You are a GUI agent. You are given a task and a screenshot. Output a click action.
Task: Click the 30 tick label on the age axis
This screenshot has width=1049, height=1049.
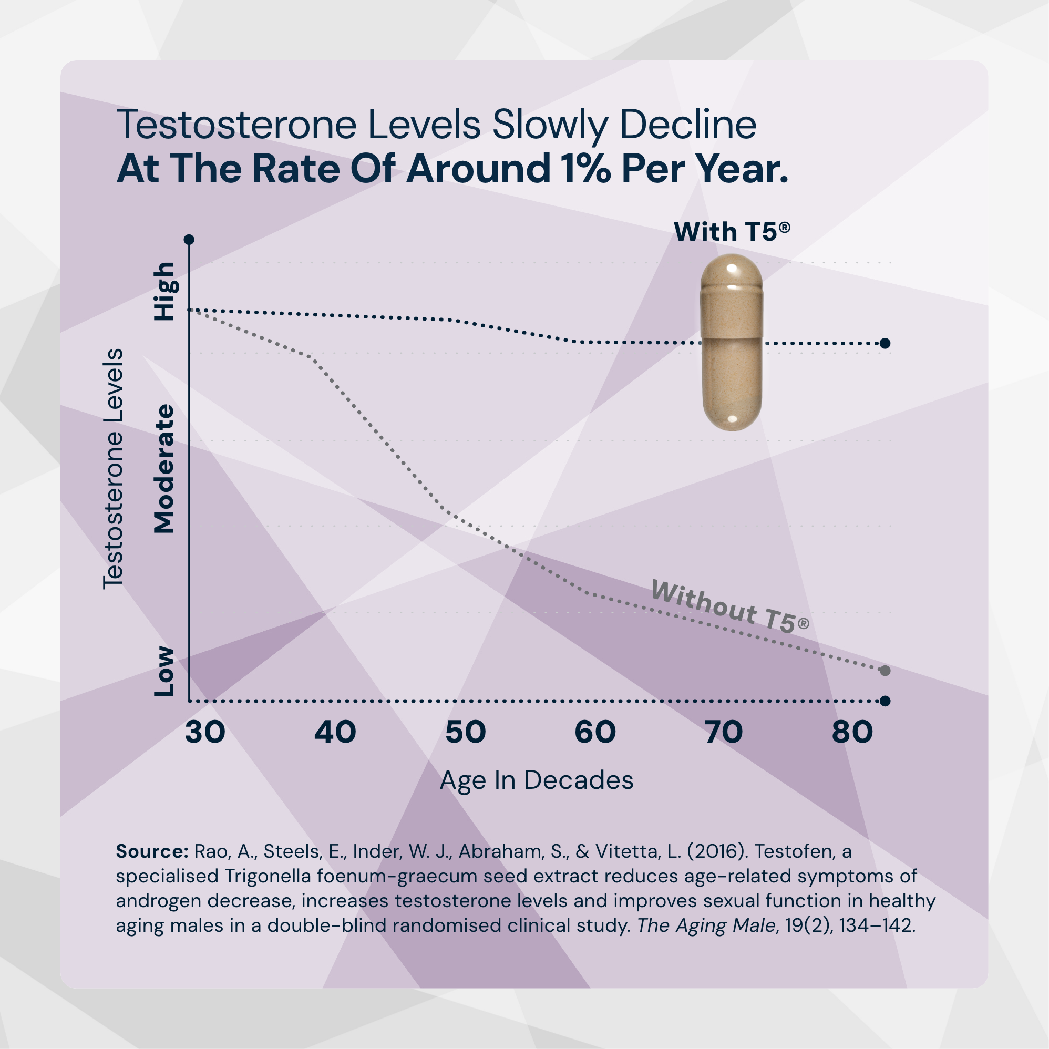204,732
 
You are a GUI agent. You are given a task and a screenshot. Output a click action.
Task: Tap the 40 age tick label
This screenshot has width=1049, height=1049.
335,732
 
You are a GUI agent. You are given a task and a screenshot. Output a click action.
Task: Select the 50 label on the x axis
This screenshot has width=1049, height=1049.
465,732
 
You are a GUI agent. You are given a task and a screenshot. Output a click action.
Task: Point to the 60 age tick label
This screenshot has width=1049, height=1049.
595,732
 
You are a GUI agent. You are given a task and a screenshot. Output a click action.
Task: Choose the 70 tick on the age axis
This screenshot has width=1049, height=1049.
724,732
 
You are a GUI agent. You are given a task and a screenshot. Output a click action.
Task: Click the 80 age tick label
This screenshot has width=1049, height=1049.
852,732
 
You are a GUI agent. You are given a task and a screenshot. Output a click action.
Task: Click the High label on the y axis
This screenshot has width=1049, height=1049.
164,292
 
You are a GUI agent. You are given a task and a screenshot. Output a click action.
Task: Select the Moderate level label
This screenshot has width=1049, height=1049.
164,469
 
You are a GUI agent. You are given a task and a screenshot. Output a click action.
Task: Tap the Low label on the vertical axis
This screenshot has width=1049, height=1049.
164,672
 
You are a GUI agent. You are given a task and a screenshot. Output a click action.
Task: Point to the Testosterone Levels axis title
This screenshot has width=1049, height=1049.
113,469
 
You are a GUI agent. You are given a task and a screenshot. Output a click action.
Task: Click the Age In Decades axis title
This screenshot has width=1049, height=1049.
537,780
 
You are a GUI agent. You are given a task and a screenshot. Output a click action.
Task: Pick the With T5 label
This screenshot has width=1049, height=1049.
732,232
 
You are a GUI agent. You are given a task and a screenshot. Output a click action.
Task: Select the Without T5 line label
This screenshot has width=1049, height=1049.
730,606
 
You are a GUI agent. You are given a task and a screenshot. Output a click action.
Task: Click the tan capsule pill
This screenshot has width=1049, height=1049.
732,342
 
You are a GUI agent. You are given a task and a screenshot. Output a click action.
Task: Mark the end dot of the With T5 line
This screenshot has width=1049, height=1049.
885,343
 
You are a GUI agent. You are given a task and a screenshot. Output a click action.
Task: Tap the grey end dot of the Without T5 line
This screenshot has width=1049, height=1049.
885,671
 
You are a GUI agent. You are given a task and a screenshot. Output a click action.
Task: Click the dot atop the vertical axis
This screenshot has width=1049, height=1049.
189,240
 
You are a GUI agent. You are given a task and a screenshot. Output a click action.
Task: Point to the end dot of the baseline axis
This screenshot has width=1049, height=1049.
885,701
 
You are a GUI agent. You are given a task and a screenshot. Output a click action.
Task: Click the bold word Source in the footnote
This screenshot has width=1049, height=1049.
151,851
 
